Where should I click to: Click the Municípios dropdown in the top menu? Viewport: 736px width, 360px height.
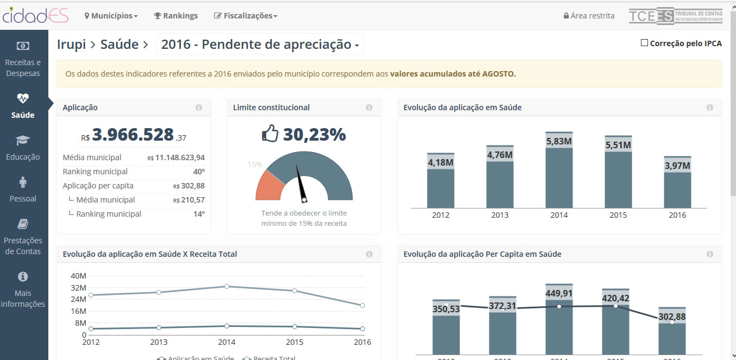[111, 16]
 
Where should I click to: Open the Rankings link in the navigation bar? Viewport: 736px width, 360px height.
[176, 16]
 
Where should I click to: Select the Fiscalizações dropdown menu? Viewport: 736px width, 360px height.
[246, 16]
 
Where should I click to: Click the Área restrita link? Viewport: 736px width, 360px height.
[589, 16]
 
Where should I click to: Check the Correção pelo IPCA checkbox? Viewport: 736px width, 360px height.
[645, 43]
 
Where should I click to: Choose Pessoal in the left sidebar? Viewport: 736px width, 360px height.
[23, 190]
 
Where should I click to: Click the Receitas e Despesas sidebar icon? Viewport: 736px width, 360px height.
[23, 46]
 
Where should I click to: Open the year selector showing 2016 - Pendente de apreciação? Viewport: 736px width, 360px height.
[260, 45]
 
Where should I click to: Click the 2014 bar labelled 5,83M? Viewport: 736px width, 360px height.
[559, 174]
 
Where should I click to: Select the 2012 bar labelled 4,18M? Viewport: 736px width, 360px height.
[441, 185]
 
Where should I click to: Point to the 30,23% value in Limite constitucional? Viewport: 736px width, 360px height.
[314, 134]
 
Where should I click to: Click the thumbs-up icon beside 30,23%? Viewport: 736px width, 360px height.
[270, 134]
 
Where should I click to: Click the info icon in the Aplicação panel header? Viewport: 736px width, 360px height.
[199, 108]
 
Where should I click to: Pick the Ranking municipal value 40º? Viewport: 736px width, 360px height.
[199, 172]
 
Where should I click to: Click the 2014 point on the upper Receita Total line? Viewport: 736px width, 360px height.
[227, 286]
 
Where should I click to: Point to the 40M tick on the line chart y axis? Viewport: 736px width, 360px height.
[78, 275]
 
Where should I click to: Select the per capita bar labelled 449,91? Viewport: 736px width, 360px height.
[559, 320]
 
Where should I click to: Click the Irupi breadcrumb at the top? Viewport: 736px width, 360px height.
[71, 45]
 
